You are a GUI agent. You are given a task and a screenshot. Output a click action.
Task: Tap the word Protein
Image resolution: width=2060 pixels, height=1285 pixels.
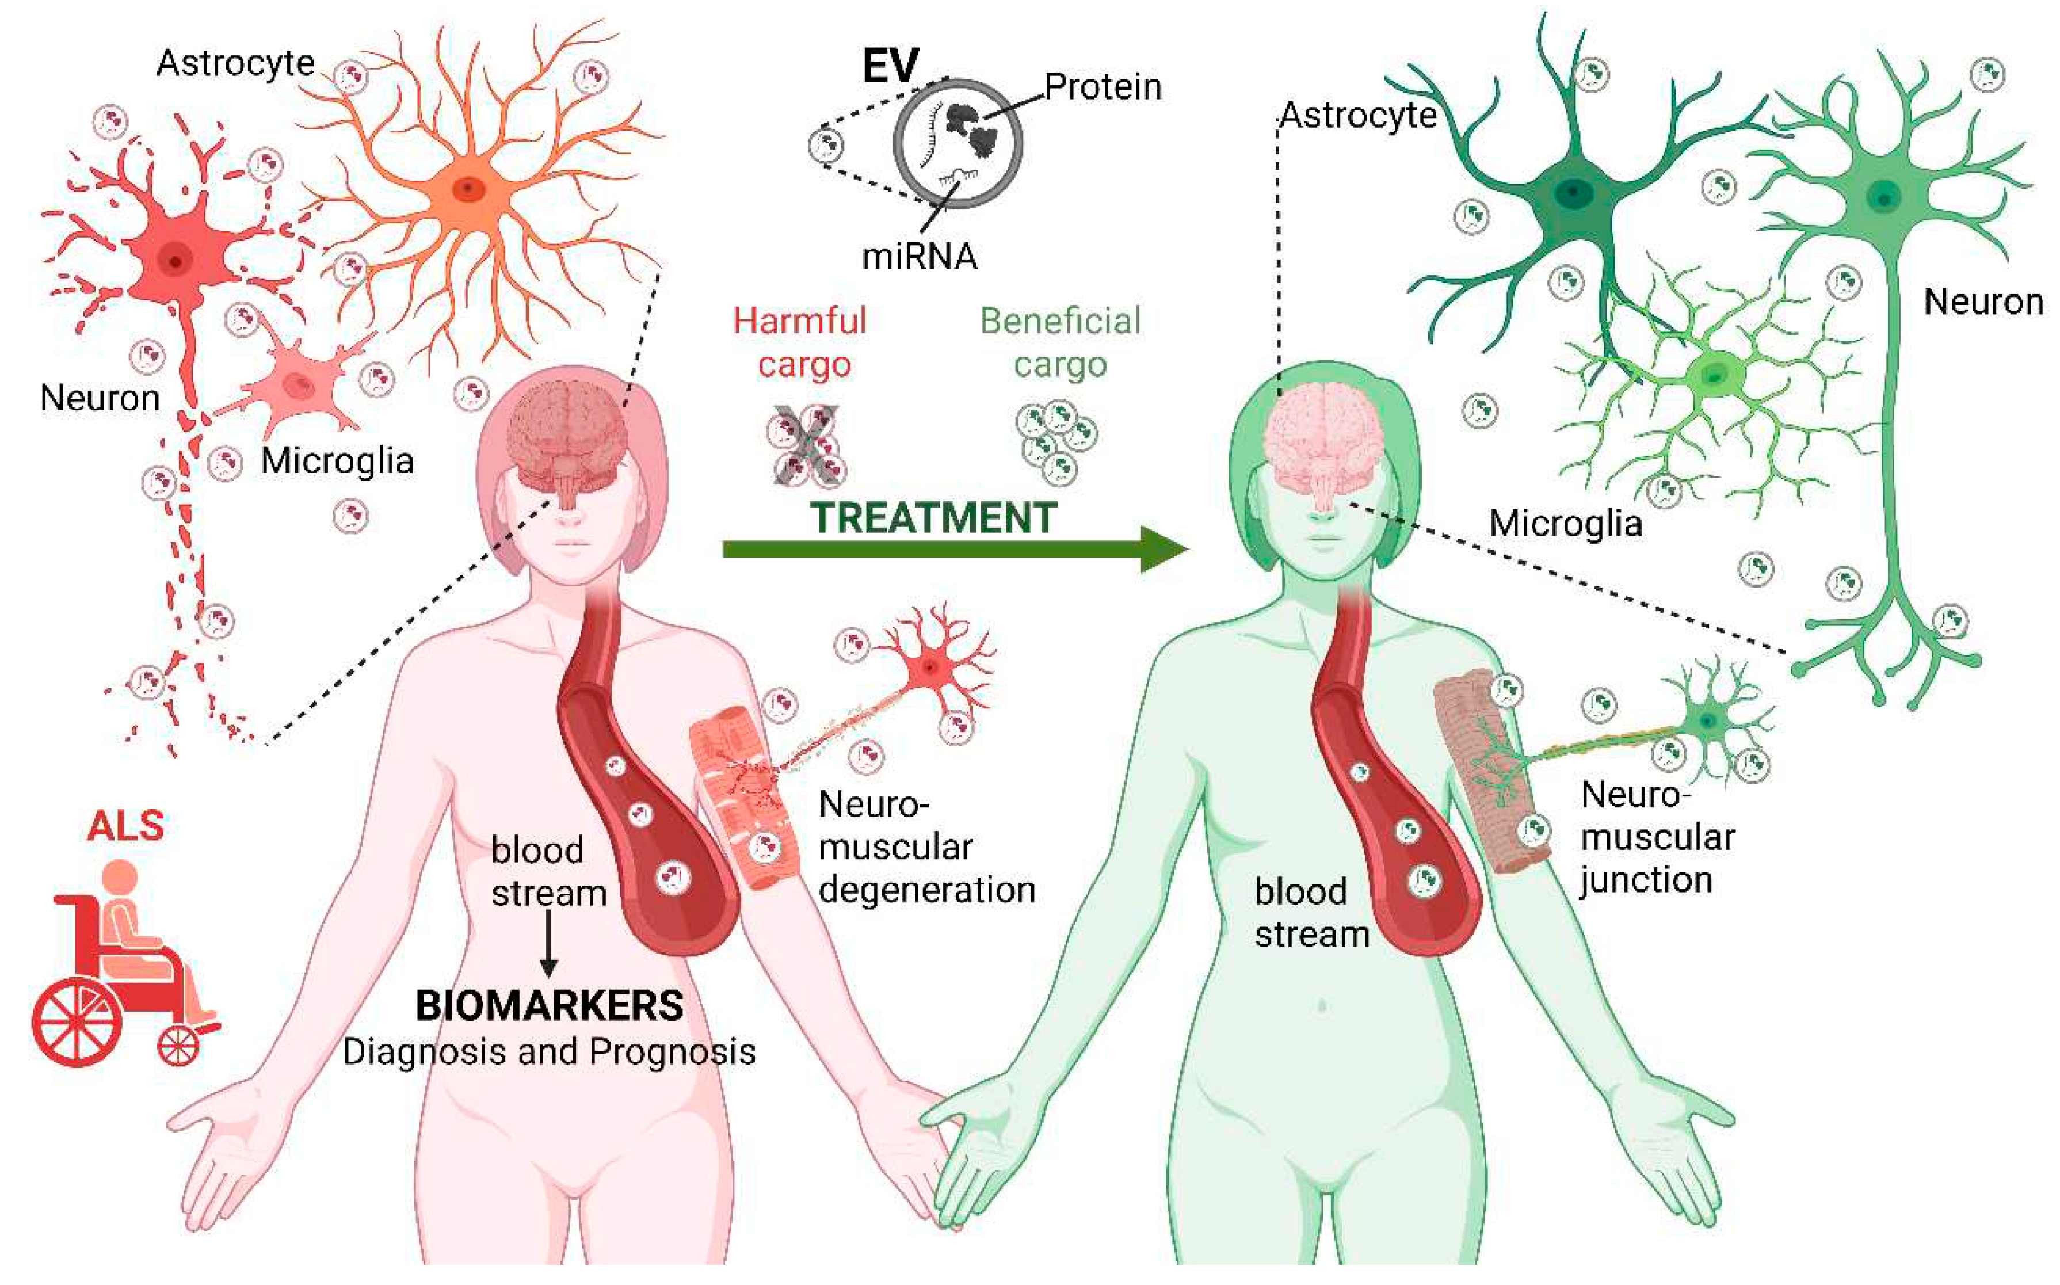pyautogui.click(x=1103, y=87)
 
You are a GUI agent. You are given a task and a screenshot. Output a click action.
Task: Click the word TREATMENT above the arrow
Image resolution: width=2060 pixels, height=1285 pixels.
pyautogui.click(x=933, y=517)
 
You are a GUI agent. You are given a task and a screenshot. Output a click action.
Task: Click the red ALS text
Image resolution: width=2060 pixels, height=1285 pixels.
pyautogui.click(x=126, y=825)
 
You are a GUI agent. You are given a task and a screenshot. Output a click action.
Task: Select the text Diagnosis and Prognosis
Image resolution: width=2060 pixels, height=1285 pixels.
pyautogui.click(x=549, y=1052)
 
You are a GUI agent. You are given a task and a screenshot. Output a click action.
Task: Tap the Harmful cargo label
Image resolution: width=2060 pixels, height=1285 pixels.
pyautogui.click(x=800, y=342)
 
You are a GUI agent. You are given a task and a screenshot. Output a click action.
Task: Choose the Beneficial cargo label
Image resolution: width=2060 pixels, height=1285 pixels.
pyautogui.click(x=1060, y=342)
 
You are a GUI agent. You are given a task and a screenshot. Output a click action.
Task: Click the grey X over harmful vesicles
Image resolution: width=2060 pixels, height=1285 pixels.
pyautogui.click(x=805, y=446)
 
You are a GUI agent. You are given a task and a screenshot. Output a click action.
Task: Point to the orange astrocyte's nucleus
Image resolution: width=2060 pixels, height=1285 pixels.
pyautogui.click(x=467, y=188)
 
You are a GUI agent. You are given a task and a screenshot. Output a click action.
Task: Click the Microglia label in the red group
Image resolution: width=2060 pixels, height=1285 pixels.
pyautogui.click(x=337, y=460)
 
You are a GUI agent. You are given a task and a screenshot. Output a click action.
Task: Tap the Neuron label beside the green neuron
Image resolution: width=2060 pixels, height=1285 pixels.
pyautogui.click(x=1983, y=302)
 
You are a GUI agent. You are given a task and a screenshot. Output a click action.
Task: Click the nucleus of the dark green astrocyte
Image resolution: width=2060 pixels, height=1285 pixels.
pyautogui.click(x=1572, y=192)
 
